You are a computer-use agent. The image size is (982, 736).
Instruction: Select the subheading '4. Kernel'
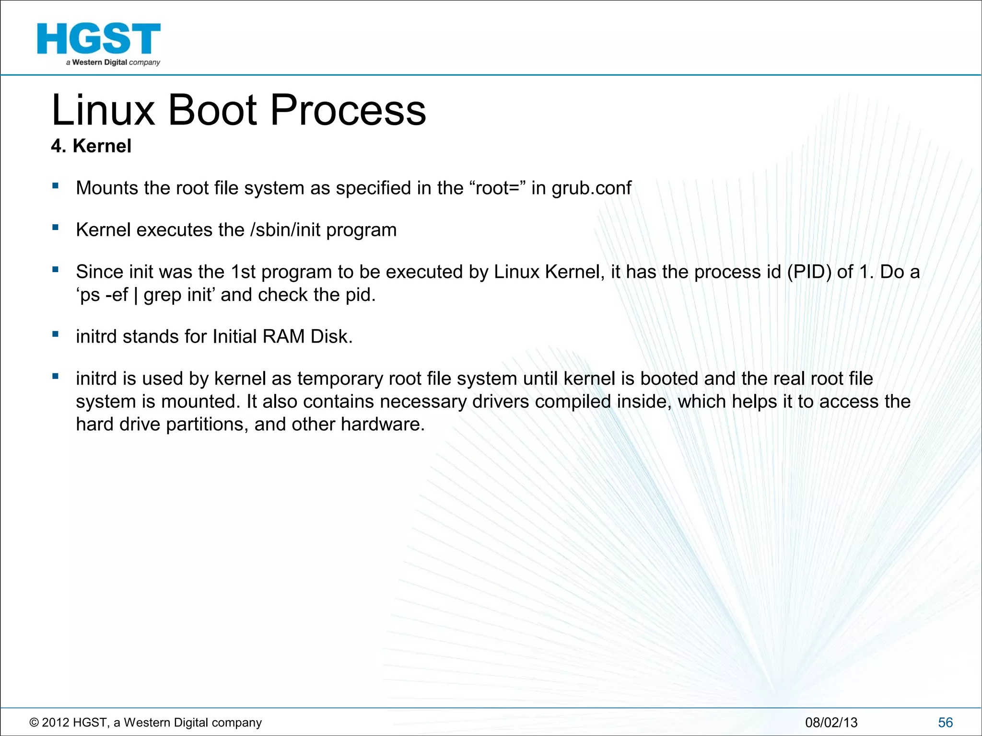pos(91,146)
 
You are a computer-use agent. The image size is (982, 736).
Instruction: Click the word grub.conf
pos(591,188)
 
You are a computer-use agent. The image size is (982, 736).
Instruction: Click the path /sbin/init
pos(285,230)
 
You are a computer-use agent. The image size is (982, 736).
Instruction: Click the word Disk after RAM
pos(331,336)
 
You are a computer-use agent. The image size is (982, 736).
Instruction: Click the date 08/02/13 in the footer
pos(831,723)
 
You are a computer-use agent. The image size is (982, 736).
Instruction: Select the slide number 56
pos(945,723)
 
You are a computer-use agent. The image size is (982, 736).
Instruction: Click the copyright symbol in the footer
pos(34,723)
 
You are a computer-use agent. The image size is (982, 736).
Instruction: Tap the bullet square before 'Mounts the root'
pos(56,185)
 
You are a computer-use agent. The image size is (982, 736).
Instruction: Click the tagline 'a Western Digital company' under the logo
pos(113,63)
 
